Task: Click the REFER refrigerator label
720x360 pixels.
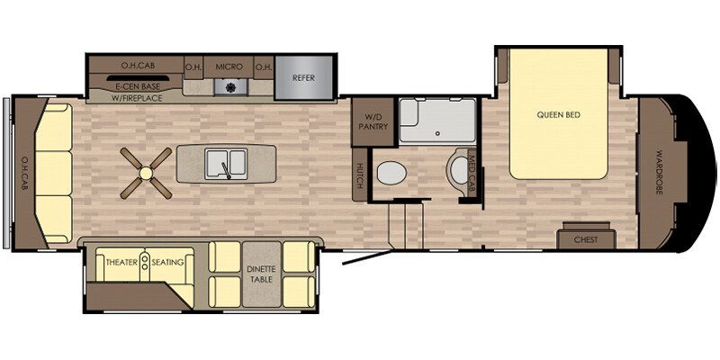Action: click(303, 78)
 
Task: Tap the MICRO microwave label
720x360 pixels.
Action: click(229, 67)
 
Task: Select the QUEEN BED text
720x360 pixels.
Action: click(558, 114)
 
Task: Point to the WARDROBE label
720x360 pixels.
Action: click(659, 172)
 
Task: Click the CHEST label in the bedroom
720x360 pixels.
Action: click(586, 239)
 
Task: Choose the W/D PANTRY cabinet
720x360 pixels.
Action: click(373, 122)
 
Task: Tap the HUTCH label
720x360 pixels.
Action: click(360, 175)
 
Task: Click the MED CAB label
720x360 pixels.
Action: click(471, 173)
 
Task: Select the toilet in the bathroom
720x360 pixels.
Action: click(391, 174)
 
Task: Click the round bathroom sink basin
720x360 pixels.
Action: click(459, 170)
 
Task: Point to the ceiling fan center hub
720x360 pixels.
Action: click(146, 173)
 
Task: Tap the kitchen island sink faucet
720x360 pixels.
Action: click(227, 170)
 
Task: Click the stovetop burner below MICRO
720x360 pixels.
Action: click(231, 86)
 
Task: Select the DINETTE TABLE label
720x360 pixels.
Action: click(262, 274)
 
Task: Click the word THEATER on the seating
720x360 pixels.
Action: click(121, 263)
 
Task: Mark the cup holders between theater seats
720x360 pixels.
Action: click(145, 263)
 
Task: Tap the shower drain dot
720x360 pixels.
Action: click(437, 132)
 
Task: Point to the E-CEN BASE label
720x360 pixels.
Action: click(134, 86)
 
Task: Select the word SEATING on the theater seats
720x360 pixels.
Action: click(168, 263)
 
